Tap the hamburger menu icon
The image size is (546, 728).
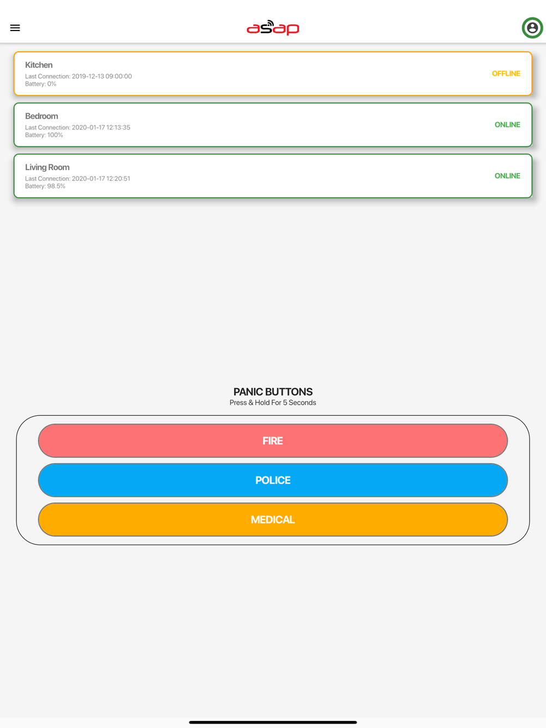15,28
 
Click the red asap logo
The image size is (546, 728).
272,27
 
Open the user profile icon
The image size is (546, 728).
532,28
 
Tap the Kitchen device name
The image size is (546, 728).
39,65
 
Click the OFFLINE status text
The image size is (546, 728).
506,74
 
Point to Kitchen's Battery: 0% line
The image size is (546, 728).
40,84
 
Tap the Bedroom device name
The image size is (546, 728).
41,116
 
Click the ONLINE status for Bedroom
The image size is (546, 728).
507,125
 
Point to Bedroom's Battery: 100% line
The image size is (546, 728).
44,135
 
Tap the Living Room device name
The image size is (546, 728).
47,167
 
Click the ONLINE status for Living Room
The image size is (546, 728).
507,176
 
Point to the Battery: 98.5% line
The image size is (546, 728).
45,186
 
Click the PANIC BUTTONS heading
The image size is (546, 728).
272,392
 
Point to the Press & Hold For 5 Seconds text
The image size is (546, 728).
272,403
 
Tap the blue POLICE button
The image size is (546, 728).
272,480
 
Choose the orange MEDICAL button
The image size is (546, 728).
272,520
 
